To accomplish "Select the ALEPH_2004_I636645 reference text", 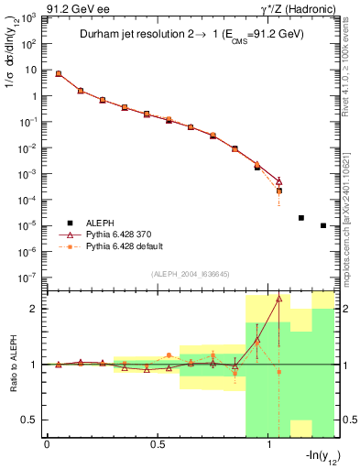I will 189,274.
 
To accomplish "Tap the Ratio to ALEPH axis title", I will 13,365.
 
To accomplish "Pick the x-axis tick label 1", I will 269,444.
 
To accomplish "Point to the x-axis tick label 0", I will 47,444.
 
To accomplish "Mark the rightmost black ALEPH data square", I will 323,225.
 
